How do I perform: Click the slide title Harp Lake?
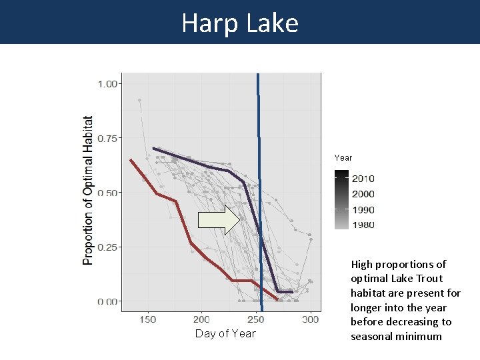240,23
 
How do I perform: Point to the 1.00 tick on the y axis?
108,84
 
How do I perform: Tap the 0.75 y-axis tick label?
108,139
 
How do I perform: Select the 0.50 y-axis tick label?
108,193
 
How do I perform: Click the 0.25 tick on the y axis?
108,247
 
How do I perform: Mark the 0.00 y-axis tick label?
108,301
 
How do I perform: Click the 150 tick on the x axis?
147,319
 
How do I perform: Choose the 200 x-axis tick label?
201,319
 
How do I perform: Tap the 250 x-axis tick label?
256,319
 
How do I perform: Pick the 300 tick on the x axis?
310,319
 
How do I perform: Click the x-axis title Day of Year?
225,334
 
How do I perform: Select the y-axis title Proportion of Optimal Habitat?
88,191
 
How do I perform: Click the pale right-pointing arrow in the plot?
219,220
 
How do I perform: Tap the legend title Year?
343,158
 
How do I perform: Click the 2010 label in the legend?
363,179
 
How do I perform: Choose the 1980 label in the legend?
363,225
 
